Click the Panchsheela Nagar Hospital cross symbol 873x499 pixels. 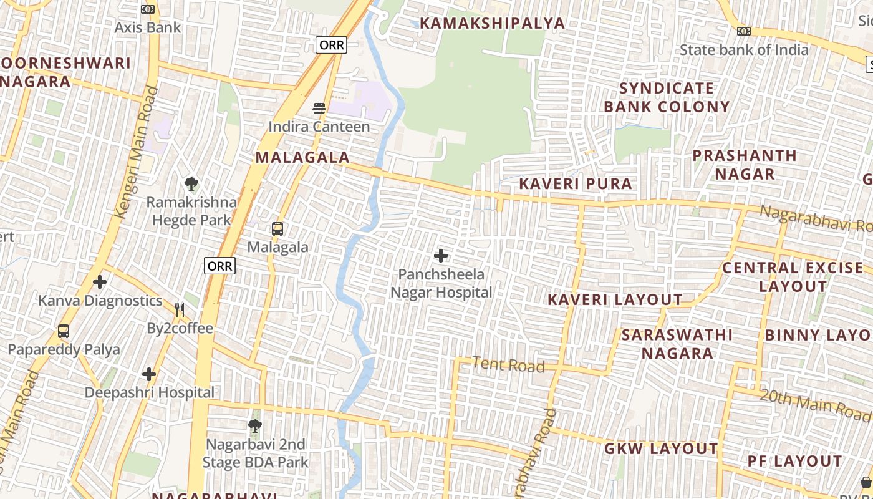(441, 255)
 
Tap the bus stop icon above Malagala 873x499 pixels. (277, 228)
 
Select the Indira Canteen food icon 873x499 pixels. (319, 109)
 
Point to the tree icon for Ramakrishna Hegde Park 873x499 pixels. (191, 184)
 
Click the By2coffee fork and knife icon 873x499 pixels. (180, 309)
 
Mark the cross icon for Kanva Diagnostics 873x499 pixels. (100, 282)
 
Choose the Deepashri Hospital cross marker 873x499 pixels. (149, 374)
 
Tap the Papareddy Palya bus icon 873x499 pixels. (64, 331)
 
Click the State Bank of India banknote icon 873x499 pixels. (743, 31)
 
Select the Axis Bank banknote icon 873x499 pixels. (148, 9)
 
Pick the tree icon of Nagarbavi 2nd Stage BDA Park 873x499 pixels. (254, 426)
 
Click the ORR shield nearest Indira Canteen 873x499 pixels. (331, 45)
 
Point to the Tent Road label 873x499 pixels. (508, 364)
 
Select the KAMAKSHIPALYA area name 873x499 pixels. (492, 24)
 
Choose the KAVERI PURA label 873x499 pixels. (576, 183)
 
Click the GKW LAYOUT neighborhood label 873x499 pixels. (661, 448)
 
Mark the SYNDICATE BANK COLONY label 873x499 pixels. (667, 97)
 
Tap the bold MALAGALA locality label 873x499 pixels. (302, 157)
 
